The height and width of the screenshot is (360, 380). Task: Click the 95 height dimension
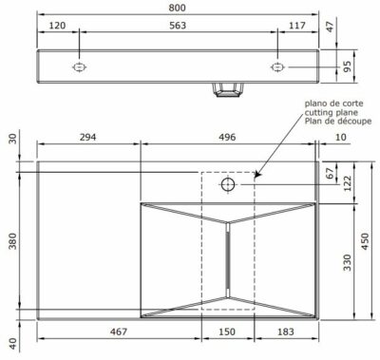coord(347,66)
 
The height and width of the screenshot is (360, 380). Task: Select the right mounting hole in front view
coord(277,67)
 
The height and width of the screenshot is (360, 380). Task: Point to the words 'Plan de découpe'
coord(332,121)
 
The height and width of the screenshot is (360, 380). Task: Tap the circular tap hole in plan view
coord(228,183)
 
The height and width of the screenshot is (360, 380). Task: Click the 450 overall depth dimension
coord(367,244)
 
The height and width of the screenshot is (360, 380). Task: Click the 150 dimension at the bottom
coord(228,332)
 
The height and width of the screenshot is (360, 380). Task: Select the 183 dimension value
coord(286,332)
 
